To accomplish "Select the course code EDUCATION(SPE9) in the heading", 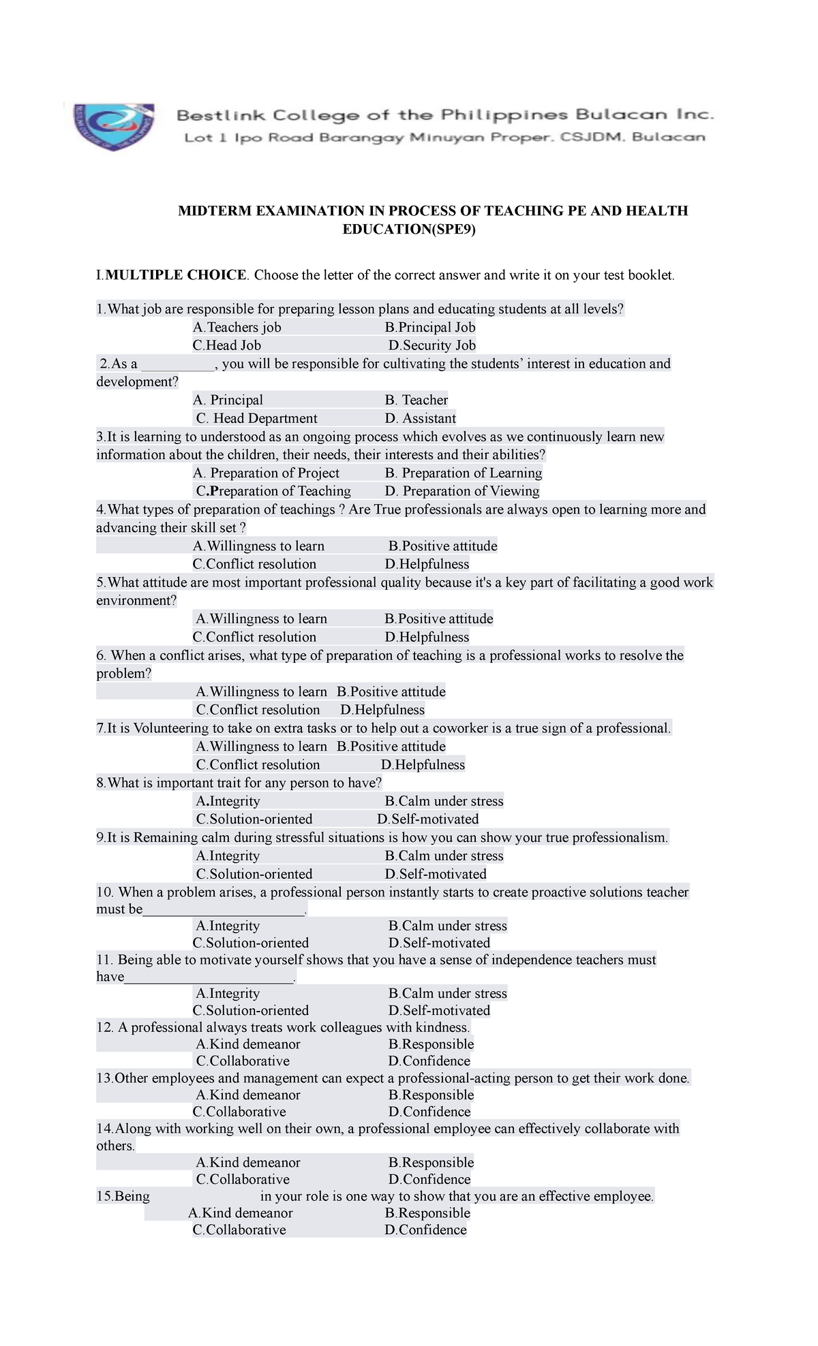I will [409, 230].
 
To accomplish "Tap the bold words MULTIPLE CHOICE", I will [176, 275].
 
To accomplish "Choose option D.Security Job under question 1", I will [431, 345].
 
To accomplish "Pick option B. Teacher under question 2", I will [416, 400].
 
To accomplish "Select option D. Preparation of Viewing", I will [461, 491].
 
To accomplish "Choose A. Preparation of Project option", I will [266, 473].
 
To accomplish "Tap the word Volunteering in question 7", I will [171, 728].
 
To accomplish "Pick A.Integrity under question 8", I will [228, 801].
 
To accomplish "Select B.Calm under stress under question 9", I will [444, 856].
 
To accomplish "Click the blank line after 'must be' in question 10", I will [225, 910].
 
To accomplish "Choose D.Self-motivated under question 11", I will [439, 1011].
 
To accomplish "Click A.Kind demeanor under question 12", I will [247, 1044].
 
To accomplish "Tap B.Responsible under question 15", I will [427, 1213].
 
